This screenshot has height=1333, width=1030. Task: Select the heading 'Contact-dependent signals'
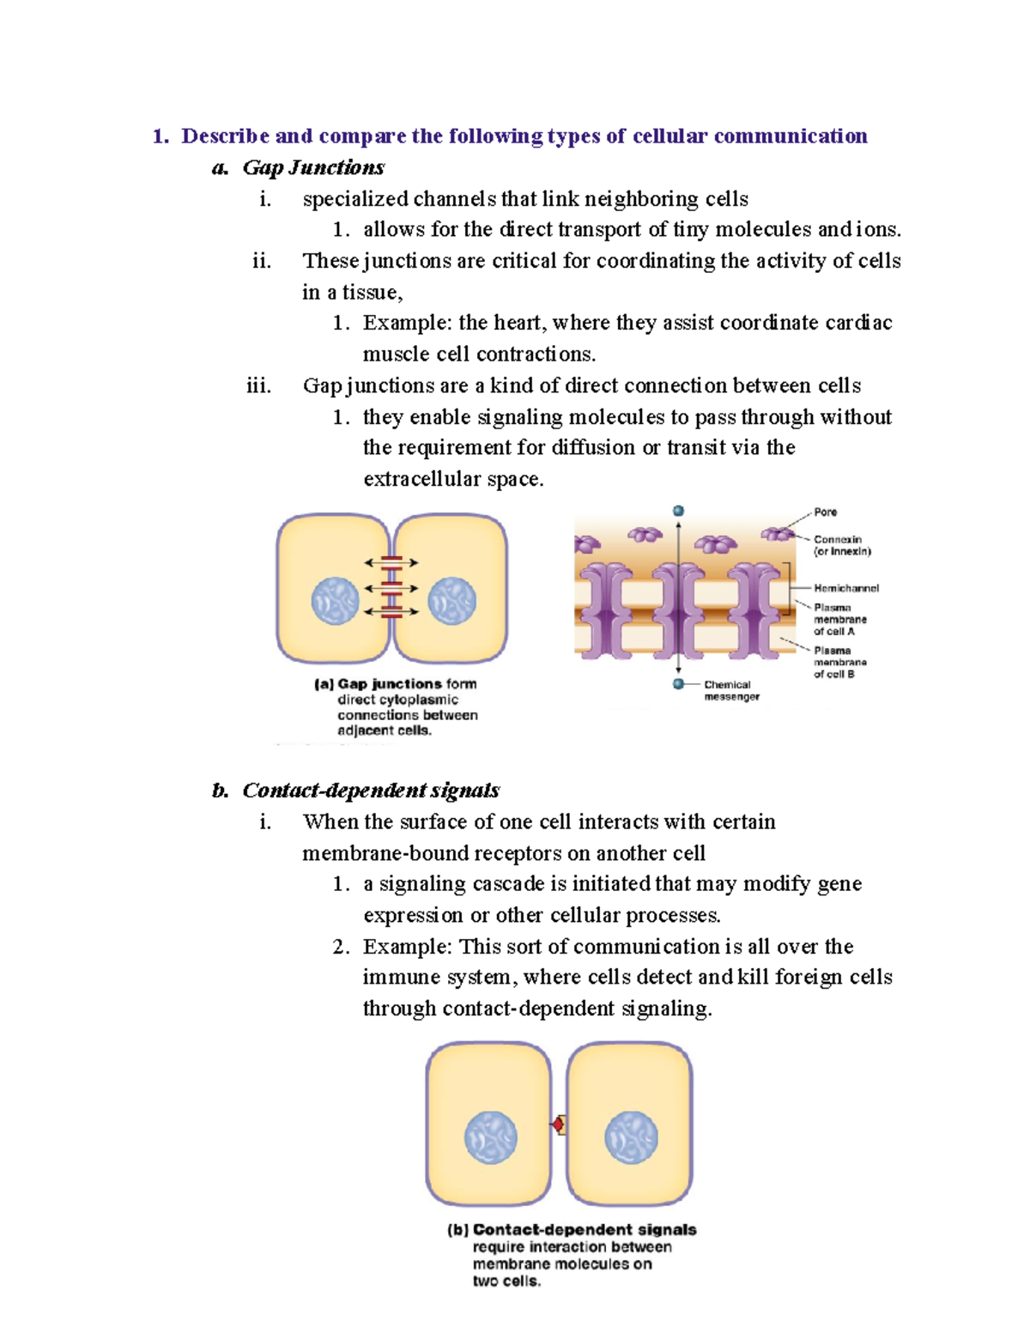coord(371,790)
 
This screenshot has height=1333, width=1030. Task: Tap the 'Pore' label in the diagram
coord(825,512)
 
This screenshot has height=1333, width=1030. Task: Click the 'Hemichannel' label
coord(845,589)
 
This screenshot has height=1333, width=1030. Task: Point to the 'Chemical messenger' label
coord(730,691)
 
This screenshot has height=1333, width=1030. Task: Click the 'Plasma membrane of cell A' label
coord(839,619)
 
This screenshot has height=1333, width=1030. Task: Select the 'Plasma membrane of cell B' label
coord(839,663)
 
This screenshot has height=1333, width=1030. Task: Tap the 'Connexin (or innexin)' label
coord(841,546)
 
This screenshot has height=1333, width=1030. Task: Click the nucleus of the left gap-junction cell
coord(335,600)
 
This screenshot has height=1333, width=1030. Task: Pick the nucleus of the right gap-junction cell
coord(451,600)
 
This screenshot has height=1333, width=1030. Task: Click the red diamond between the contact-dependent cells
coord(558,1124)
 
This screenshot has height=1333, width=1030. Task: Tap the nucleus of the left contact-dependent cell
coord(490,1137)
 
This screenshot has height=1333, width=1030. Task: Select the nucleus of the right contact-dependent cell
coord(631,1137)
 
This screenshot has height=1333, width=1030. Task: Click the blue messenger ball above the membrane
coord(678,512)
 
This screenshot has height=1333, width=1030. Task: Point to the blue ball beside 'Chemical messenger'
coord(678,684)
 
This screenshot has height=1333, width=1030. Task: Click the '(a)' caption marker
coord(324,684)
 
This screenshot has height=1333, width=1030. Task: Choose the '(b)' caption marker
coord(457,1230)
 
